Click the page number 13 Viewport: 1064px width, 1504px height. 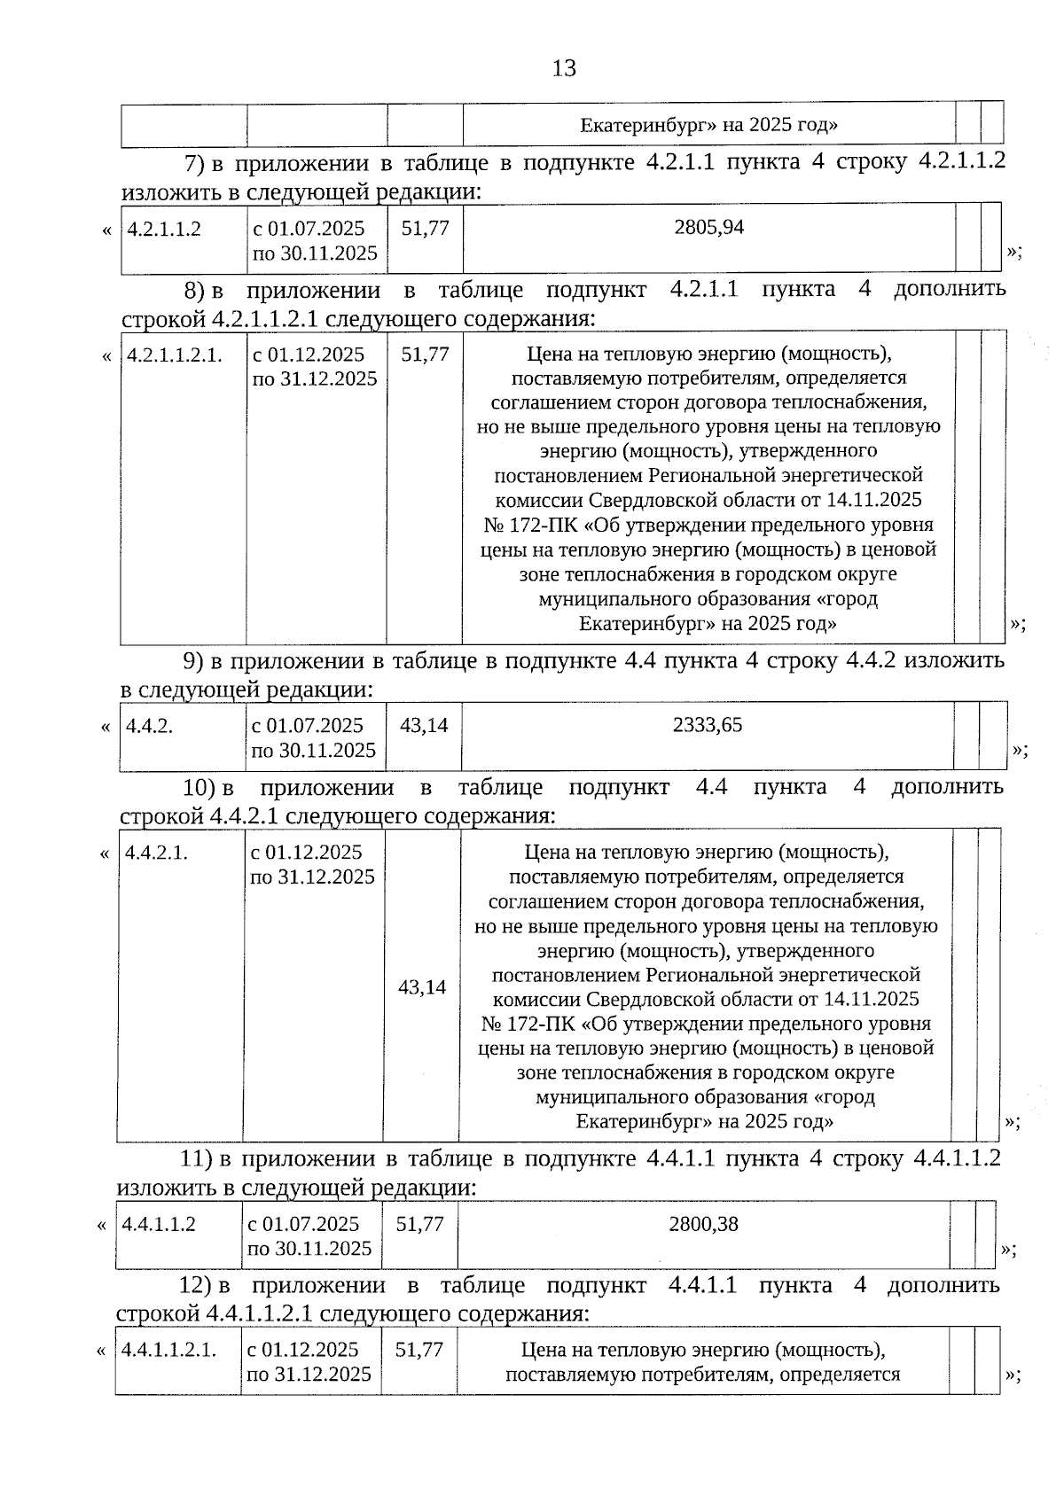coord(564,68)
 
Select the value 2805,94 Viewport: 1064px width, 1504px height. coord(708,227)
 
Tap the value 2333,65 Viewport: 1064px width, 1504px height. coord(707,725)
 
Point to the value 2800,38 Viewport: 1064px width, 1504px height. coord(703,1224)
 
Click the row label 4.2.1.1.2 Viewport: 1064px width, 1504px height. coord(164,229)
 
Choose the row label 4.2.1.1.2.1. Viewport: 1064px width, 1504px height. coord(174,355)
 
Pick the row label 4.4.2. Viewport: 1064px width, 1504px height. coord(149,726)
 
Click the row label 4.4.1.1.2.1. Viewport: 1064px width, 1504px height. coord(168,1350)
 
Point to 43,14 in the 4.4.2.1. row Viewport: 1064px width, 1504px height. coord(422,987)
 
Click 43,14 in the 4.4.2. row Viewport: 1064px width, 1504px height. coord(424,725)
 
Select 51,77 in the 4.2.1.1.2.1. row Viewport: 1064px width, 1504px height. coord(425,354)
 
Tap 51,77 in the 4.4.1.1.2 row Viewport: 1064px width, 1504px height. coord(419,1224)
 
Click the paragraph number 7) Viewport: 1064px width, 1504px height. coord(193,163)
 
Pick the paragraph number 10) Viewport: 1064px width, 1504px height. coord(199,787)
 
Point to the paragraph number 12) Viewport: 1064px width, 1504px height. coord(196,1285)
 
